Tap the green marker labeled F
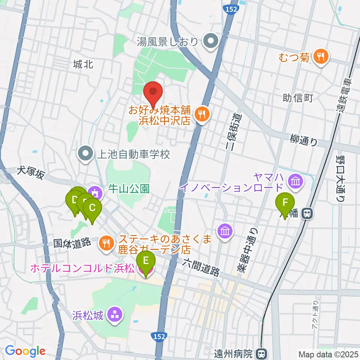click(x=285, y=204)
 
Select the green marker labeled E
click(x=145, y=261)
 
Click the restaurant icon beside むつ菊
click(x=320, y=57)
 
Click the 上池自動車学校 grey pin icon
click(x=86, y=153)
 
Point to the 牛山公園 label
click(x=129, y=189)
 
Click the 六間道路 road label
click(x=201, y=267)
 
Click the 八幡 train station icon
click(x=307, y=214)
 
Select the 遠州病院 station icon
click(x=261, y=353)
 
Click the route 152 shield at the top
click(x=232, y=9)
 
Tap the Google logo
click(x=25, y=351)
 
